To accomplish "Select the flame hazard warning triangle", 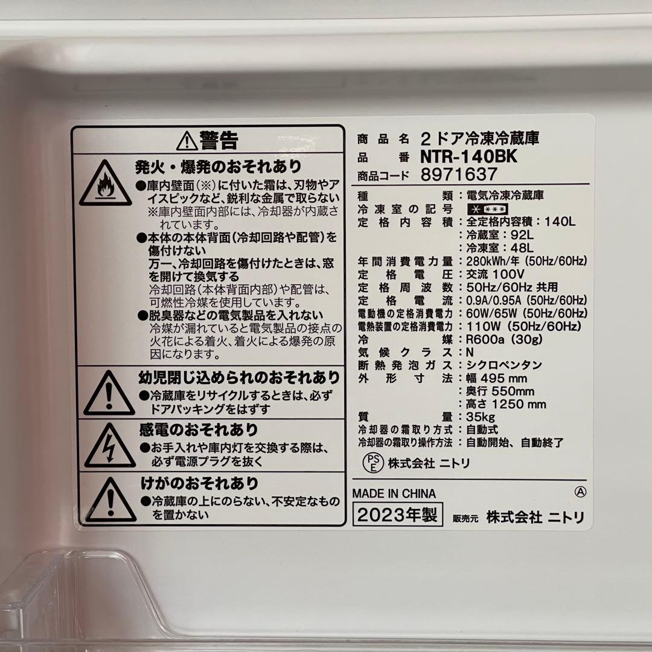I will (105, 184).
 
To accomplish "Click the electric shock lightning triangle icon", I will (109, 447).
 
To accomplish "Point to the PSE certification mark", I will (372, 464).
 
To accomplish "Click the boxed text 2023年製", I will (397, 516).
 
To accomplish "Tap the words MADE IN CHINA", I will (394, 493).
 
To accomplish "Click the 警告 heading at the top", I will (208, 141).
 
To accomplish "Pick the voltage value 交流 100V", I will (491, 274).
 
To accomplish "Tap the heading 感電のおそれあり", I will (199, 430).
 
